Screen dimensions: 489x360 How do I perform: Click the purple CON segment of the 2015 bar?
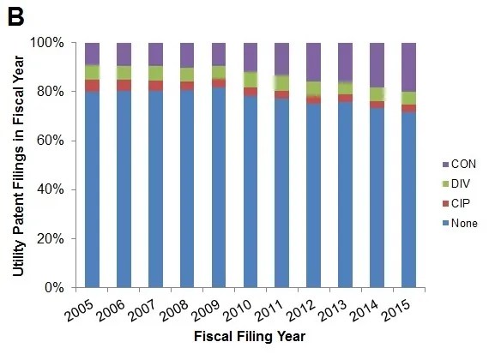coord(408,68)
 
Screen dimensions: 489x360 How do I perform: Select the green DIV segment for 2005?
coord(93,72)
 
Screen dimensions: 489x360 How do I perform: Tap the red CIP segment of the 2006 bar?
coord(124,85)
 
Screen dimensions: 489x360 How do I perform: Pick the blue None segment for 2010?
coord(251,191)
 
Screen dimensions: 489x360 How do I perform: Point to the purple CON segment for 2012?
coord(313,63)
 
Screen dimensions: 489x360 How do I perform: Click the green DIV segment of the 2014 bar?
coord(377,94)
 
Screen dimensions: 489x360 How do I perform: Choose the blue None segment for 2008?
coord(187,189)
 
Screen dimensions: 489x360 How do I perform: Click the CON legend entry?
coord(459,164)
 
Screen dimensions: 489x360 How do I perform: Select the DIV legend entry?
coord(456,183)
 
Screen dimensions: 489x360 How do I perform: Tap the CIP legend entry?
coord(456,203)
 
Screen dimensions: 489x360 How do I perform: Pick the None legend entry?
coord(460,223)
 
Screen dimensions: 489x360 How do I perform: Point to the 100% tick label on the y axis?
coord(47,43)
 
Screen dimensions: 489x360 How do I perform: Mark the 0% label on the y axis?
coord(54,287)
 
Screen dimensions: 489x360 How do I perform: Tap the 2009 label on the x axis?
coord(206,310)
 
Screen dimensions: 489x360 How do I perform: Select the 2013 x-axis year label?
coord(333,310)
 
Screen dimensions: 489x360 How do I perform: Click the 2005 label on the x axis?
coord(79,310)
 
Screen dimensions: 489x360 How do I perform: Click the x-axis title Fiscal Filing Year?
coord(250,337)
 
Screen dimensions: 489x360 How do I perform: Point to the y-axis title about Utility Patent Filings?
coord(19,165)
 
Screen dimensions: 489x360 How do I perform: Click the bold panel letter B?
coord(15,17)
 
